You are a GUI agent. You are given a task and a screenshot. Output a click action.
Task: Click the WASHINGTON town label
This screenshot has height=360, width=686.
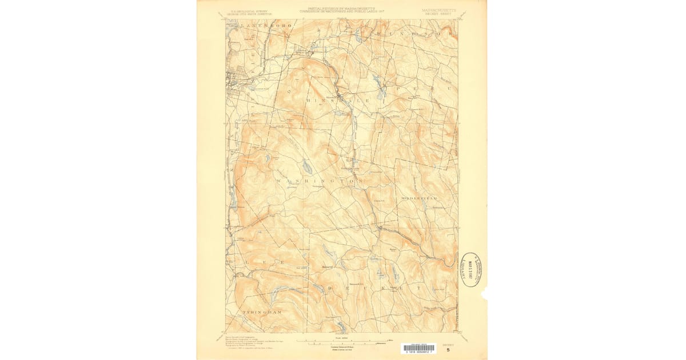point(321,181)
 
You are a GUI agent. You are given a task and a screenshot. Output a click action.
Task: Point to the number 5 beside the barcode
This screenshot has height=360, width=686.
point(448,350)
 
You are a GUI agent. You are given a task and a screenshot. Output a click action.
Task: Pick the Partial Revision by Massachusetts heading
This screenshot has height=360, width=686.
point(342,10)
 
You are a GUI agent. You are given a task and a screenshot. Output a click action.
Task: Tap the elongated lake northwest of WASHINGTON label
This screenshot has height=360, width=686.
point(307,166)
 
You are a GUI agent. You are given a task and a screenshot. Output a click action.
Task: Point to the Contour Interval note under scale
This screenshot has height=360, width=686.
point(343,347)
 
